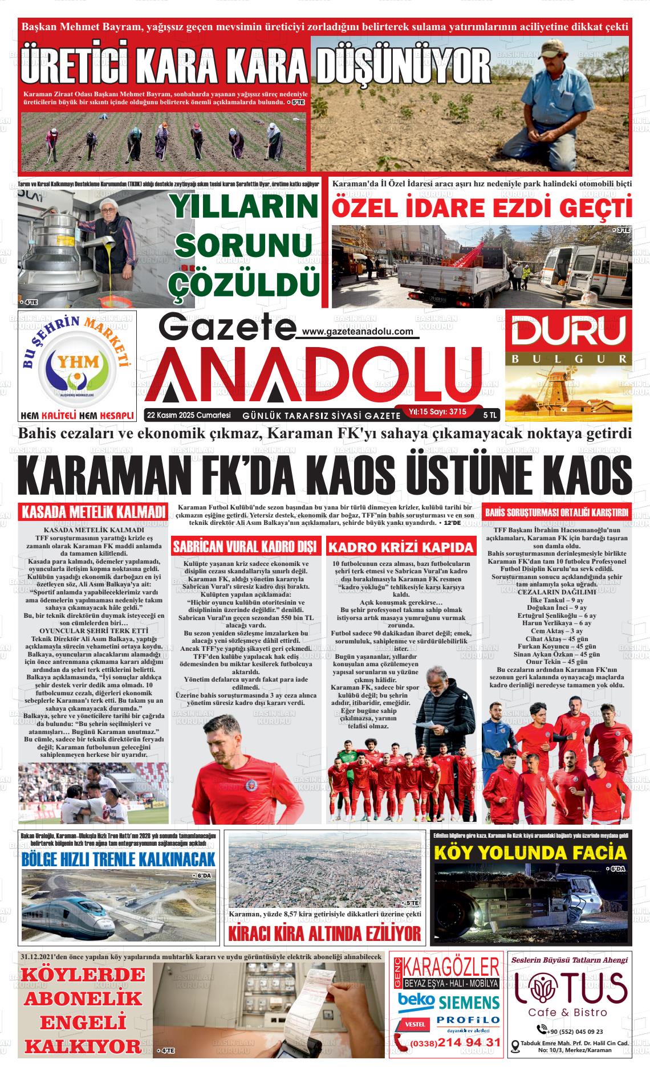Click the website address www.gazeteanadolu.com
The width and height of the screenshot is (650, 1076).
(x=357, y=332)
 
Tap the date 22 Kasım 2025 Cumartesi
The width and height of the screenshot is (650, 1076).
(x=188, y=414)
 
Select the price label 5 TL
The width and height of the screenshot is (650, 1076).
(x=489, y=414)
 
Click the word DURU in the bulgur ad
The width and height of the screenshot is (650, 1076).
(x=568, y=332)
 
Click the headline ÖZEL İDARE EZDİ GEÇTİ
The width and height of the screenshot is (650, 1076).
(x=482, y=207)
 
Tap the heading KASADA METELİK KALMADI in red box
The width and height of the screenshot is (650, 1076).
(x=94, y=511)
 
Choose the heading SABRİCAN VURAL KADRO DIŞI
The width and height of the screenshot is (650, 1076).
(x=246, y=547)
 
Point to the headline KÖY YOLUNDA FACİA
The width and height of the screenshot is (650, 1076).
(x=530, y=853)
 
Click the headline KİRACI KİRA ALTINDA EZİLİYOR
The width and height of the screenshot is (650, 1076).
(x=324, y=934)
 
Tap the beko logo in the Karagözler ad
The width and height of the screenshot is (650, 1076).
(x=416, y=1001)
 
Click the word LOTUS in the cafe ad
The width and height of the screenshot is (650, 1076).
(x=571, y=988)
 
